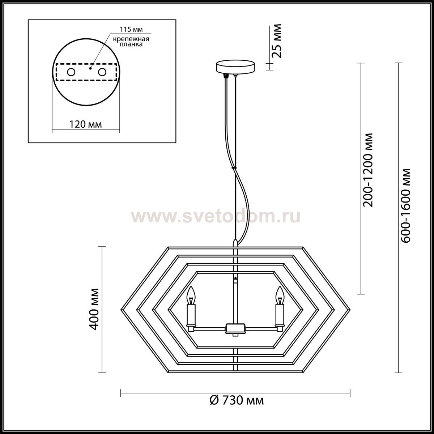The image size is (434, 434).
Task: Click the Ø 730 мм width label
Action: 237,400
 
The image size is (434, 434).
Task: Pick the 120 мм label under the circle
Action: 85,124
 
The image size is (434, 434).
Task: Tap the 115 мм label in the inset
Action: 131,30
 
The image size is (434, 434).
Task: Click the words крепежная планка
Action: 131,42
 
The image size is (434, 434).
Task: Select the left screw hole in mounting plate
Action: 71,72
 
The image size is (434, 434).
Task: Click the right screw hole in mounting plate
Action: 102,72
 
